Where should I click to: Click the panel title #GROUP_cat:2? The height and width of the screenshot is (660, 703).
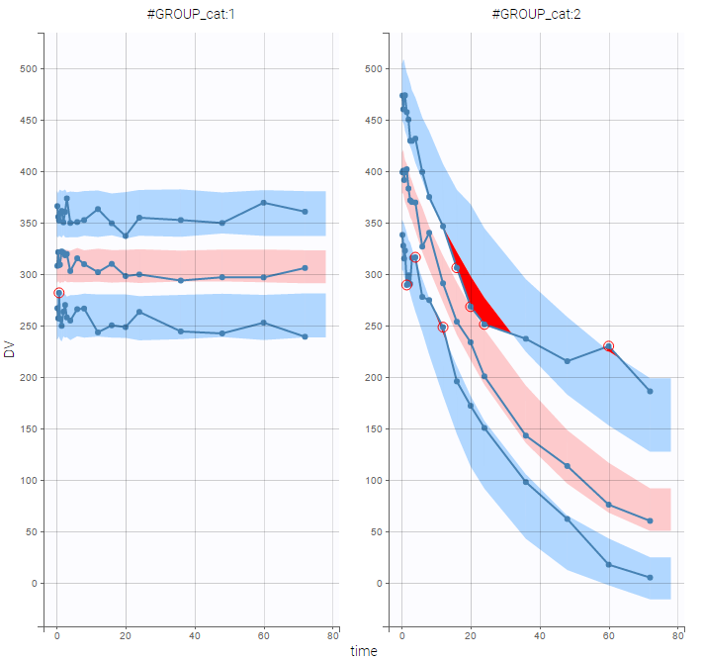539,14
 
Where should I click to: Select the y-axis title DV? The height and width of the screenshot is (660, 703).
9,348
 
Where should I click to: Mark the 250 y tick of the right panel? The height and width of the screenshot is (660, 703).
370,327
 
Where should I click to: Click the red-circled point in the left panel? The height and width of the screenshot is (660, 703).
58,293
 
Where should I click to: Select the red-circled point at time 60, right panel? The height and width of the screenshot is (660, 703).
609,346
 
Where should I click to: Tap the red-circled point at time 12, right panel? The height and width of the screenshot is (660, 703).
443,327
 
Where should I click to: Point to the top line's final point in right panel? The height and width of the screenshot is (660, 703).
650,391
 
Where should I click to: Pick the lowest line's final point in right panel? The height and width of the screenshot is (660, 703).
650,577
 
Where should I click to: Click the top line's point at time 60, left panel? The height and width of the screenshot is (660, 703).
264,203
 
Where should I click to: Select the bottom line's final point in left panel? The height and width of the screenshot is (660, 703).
305,336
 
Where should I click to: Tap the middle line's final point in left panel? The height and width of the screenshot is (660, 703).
305,268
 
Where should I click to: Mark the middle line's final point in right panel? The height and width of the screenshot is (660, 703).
650,520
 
